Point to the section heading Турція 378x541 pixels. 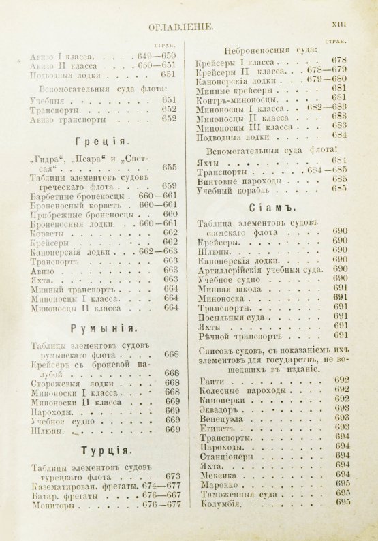102,451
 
